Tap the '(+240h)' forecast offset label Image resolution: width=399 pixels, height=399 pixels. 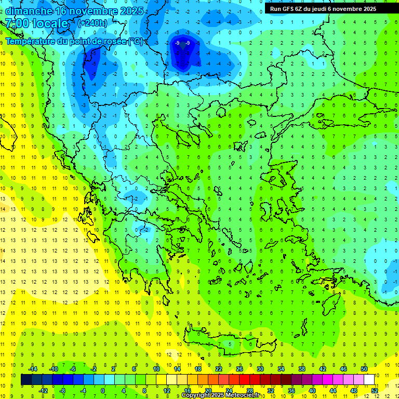(x=92, y=23)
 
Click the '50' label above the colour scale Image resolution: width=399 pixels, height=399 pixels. (x=364, y=368)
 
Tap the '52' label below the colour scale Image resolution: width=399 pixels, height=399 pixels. (x=375, y=390)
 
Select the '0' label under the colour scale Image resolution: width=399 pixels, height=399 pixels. (x=103, y=390)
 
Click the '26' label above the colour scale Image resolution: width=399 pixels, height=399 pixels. (x=240, y=368)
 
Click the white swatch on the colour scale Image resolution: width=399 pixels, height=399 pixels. (x=369, y=379)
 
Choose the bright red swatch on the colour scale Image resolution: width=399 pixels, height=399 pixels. (x=245, y=379)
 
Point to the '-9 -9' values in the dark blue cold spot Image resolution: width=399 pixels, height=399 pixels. (x=183, y=43)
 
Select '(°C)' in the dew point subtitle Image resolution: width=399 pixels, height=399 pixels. (x=136, y=41)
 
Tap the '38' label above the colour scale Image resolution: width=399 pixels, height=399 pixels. (x=302, y=368)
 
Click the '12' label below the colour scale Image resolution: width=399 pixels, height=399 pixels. (x=167, y=390)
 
